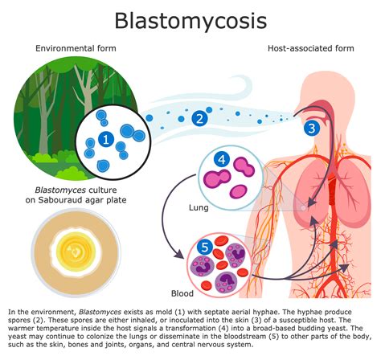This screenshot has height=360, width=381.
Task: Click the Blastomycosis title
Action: (190, 20)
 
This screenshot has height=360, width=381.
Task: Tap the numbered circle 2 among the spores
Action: (200, 120)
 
